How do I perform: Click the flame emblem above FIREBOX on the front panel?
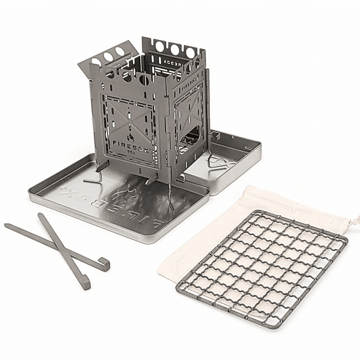128,132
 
